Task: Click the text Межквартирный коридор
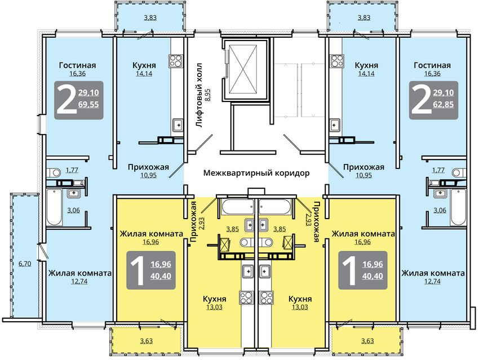point(256,173)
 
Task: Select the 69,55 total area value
point(88,104)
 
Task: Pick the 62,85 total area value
point(443,104)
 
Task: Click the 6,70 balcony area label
point(25,263)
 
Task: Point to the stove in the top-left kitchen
point(176,61)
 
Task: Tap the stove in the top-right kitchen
point(336,61)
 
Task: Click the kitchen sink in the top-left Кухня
point(177,125)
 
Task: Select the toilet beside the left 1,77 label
point(54,172)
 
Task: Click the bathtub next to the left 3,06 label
point(54,207)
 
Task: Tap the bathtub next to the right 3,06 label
point(458,207)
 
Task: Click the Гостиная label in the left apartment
point(78,65)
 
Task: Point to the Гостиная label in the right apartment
point(432,65)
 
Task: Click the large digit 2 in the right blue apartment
point(420,100)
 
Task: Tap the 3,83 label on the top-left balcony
point(150,17)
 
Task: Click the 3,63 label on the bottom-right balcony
point(367,341)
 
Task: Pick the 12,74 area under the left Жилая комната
point(79,281)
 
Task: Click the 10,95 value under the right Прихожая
point(363,175)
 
